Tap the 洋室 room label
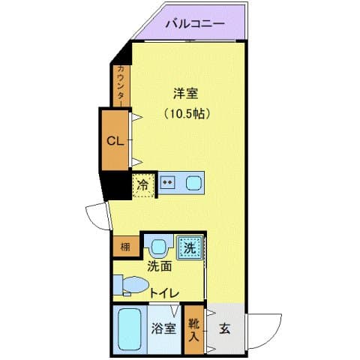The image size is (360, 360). pyautogui.click(x=185, y=94)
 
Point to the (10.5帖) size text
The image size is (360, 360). pyautogui.click(x=185, y=115)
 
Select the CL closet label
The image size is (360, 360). pyautogui.click(x=115, y=140)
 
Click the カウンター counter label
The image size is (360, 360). pyautogui.click(x=121, y=85)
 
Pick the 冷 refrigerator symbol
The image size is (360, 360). pyautogui.click(x=142, y=184)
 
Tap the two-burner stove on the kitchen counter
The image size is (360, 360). pyautogui.click(x=168, y=181)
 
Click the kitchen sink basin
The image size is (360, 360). pyautogui.click(x=193, y=181)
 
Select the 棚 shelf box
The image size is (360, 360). pyautogui.click(x=121, y=247)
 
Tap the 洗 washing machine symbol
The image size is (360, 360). pyautogui.click(x=189, y=247)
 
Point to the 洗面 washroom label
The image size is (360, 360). pyautogui.click(x=159, y=265)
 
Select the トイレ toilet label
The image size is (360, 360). pyautogui.click(x=162, y=294)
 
